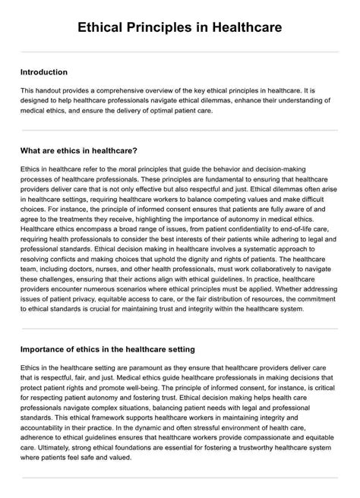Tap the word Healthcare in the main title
(245, 27)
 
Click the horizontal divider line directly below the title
(180, 52)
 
